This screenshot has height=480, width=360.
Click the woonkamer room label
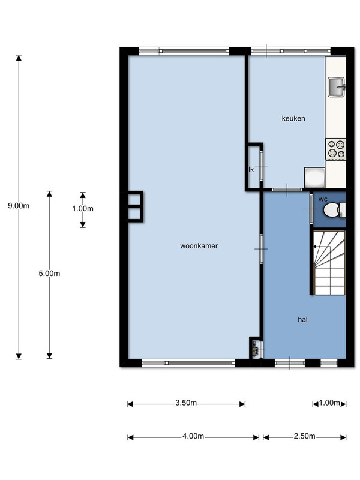[x=199, y=246]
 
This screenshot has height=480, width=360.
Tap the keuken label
[x=293, y=118]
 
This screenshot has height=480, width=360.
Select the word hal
[x=302, y=320]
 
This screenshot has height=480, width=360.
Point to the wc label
[x=323, y=199]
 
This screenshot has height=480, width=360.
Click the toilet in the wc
[x=334, y=210]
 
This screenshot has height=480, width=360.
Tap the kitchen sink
[x=337, y=87]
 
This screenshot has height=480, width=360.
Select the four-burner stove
[x=336, y=149]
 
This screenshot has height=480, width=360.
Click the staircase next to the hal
[x=329, y=263]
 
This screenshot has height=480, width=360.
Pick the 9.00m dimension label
[x=19, y=206]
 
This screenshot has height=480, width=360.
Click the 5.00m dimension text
[x=49, y=274]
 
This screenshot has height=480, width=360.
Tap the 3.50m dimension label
[x=186, y=403]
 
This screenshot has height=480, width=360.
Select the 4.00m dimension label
[x=193, y=436]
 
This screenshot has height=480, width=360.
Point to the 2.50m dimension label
[x=304, y=436]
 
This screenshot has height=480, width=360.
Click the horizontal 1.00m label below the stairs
[x=329, y=403]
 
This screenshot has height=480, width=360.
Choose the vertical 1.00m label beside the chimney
[x=83, y=209]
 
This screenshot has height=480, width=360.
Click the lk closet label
[x=251, y=170]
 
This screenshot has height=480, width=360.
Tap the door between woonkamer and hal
[x=261, y=248]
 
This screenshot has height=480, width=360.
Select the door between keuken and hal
[x=287, y=190]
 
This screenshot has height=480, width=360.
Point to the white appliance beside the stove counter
[x=314, y=178]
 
